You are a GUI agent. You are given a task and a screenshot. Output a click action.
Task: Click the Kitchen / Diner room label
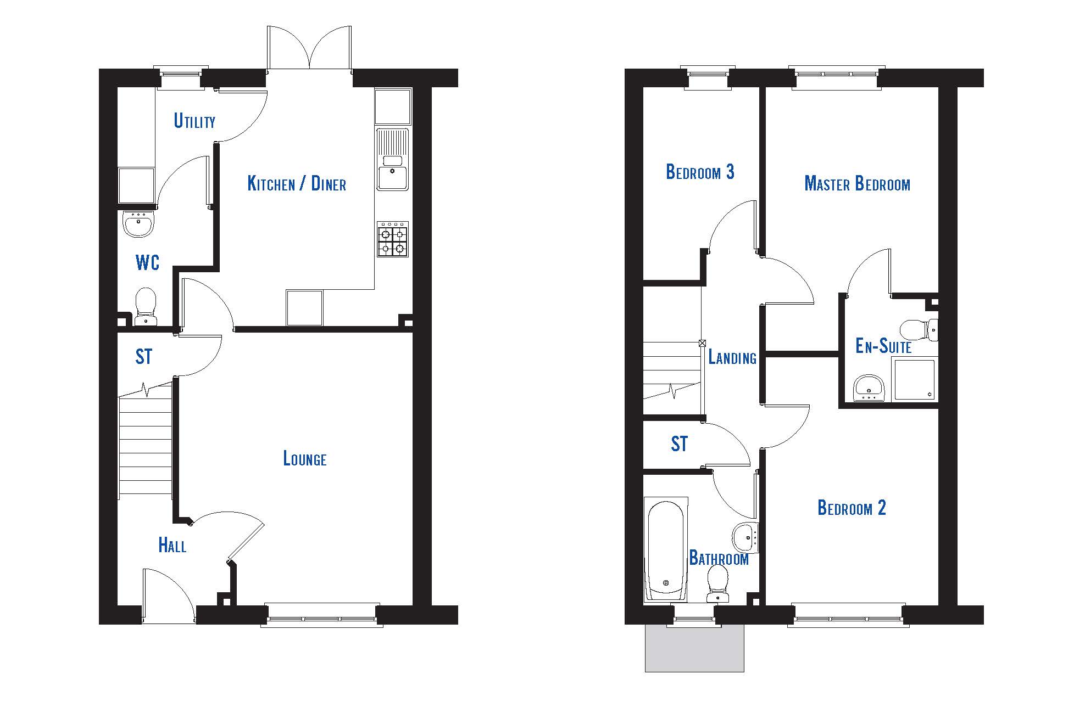tap(297, 183)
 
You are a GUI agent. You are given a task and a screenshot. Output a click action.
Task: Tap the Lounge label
tap(305, 458)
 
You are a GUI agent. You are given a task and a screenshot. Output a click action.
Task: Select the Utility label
tap(194, 120)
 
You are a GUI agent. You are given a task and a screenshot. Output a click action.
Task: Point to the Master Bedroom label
tap(857, 183)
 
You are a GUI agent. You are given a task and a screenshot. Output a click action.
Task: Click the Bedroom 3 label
tap(700, 172)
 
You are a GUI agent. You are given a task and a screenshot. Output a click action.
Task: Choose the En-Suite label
tap(883, 346)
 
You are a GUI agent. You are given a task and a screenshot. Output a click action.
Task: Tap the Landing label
tap(732, 357)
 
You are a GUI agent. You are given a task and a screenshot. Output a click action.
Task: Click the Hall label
tap(172, 544)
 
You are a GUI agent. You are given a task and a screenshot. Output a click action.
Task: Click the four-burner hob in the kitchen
tap(393, 239)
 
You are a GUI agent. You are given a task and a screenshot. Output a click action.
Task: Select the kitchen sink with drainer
tap(393, 159)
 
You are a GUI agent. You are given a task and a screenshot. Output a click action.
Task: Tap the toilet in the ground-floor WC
tap(146, 307)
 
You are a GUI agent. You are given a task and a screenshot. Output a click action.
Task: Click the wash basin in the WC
tap(138, 224)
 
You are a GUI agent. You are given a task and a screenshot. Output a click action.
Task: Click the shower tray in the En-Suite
tap(915, 379)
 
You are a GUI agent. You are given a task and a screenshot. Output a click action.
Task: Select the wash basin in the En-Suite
tap(869, 388)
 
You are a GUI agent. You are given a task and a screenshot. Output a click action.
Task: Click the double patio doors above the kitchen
tap(310, 48)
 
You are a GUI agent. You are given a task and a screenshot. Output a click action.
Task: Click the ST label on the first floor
tap(679, 443)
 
